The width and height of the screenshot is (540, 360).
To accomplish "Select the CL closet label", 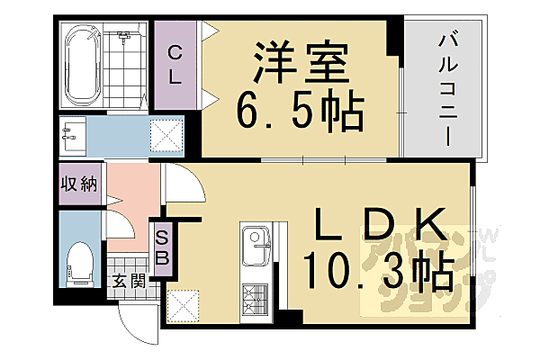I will point(175,66).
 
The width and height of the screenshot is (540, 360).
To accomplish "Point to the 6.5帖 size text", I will point(300,112).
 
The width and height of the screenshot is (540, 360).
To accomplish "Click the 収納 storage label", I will point(79,184).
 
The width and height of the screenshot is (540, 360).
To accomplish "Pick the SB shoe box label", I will point(163,247).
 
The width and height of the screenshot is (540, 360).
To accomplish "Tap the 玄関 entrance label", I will point(129,281).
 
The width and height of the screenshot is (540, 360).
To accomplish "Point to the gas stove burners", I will point(257,296).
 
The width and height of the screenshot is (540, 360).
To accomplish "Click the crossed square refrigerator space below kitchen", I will point(184,305).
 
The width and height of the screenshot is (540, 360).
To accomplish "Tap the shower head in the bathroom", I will point(124,38).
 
